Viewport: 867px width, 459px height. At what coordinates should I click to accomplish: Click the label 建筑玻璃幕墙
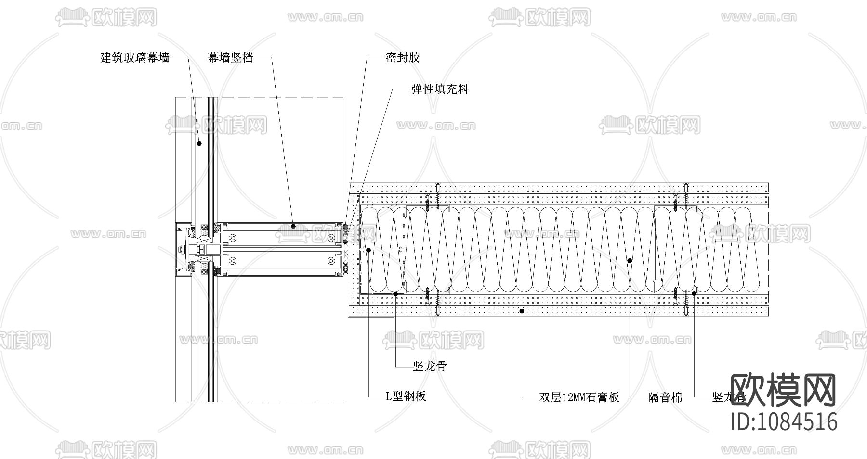135,58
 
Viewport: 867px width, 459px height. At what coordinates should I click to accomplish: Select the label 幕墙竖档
230,58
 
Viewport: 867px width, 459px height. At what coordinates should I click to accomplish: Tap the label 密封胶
403,58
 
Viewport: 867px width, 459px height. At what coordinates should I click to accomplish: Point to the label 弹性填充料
440,89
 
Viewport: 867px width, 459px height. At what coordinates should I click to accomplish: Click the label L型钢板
406,396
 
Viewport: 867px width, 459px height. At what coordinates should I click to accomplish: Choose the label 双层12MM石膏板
578,397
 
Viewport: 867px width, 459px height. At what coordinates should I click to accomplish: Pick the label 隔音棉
665,397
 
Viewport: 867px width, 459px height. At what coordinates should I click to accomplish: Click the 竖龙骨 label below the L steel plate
430,367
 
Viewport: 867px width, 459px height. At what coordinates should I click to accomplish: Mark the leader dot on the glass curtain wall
199,143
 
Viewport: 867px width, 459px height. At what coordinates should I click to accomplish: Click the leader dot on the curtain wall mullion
293,225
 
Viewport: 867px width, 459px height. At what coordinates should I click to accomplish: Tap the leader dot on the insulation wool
630,260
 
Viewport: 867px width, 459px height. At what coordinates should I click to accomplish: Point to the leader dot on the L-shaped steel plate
368,250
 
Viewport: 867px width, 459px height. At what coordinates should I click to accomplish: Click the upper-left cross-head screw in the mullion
233,237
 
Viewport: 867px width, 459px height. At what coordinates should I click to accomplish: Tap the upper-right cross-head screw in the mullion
331,237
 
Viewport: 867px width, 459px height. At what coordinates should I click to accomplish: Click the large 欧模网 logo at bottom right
784,390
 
